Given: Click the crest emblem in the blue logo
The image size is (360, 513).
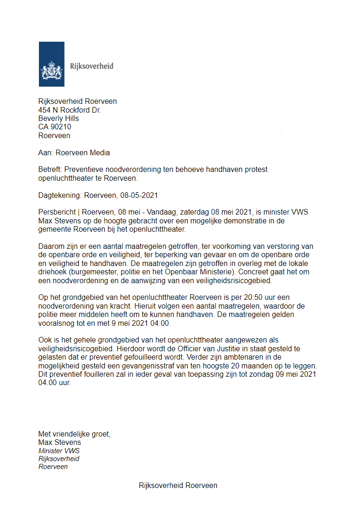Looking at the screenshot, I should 51,70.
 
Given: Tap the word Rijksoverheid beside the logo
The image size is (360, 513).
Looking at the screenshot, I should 91,66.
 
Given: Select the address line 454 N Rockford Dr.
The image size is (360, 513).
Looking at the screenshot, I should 69,110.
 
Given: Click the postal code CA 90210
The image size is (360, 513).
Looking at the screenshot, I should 55,127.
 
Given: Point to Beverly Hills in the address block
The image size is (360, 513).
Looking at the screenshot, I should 58,119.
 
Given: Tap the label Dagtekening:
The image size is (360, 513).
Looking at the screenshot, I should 59,195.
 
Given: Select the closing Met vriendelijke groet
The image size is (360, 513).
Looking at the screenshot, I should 75,434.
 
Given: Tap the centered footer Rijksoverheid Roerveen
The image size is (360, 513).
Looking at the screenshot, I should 178,485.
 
